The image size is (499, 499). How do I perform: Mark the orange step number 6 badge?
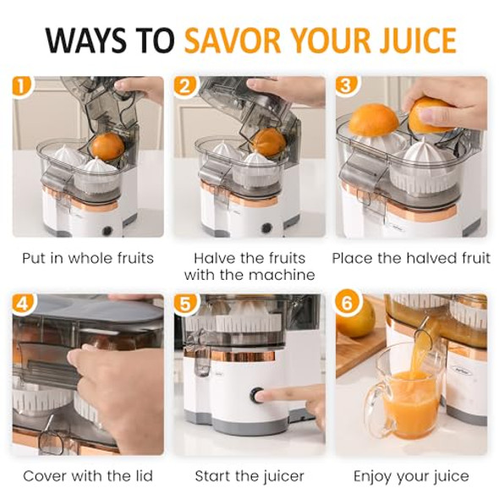tap(345, 304)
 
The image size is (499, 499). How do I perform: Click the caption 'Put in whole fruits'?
tap(88, 258)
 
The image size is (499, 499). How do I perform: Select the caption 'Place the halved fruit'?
tap(411, 258)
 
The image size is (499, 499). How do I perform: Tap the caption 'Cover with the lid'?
tap(88, 476)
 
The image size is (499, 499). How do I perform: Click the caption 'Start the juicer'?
tap(249, 476)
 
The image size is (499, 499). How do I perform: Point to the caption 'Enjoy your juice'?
tap(411, 476)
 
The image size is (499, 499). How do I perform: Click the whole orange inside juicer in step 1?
tap(107, 146)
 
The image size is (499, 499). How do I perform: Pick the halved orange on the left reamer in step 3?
tap(373, 120)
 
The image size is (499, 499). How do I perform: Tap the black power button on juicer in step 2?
tap(266, 227)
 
